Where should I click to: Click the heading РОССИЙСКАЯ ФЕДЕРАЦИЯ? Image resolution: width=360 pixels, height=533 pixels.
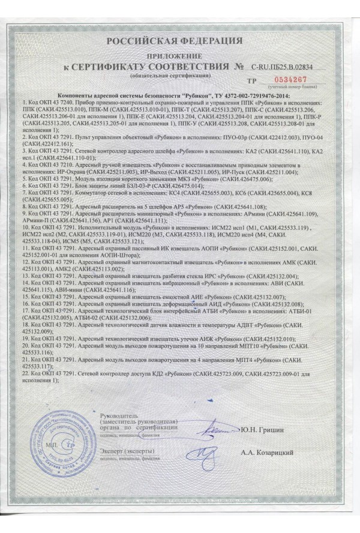[x=175, y=41]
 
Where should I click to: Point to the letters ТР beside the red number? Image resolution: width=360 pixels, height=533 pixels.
[x=252, y=80]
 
